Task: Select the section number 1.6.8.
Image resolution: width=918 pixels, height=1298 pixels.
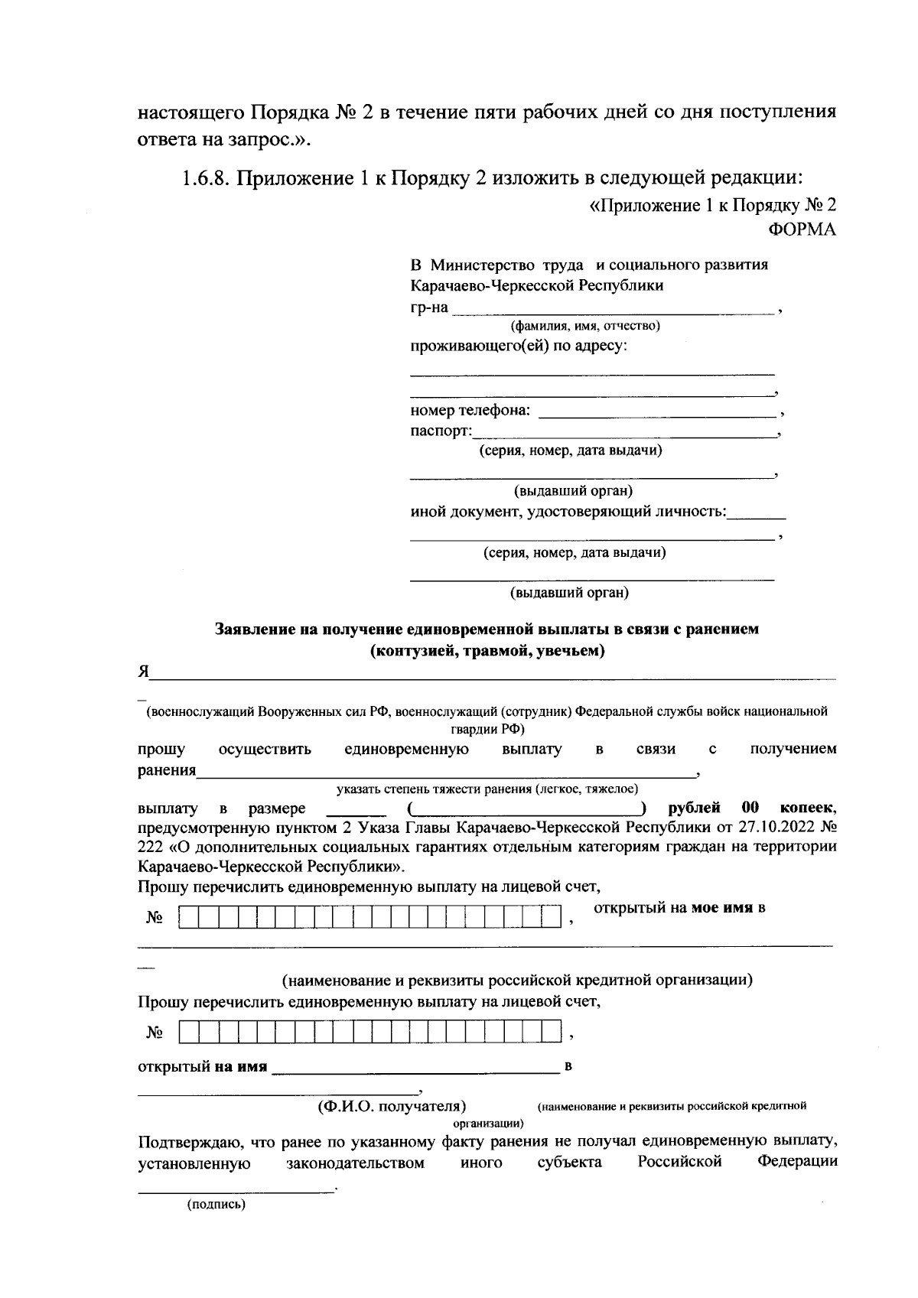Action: [206, 178]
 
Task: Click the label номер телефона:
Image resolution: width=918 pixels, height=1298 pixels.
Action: [470, 410]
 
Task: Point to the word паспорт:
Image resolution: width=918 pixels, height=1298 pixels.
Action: [441, 431]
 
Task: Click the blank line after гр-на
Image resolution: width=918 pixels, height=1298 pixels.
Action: [612, 310]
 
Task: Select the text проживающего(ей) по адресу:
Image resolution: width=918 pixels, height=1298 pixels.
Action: [519, 346]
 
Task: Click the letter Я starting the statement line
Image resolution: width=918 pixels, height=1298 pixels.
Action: [143, 672]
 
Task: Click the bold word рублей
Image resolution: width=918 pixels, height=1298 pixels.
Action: [694, 808]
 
